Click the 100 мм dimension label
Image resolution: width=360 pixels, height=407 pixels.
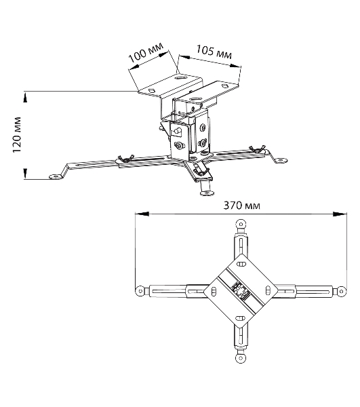(146, 53)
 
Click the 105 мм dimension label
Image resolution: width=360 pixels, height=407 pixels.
(214, 52)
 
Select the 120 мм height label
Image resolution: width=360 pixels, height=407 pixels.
(17, 135)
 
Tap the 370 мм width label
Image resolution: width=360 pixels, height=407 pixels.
(242, 206)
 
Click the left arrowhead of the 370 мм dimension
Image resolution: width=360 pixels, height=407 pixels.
(142, 214)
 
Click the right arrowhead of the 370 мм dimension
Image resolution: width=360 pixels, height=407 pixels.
(340, 214)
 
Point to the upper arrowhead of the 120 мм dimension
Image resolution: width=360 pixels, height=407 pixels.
(25, 98)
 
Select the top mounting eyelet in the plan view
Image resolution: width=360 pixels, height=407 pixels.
(241, 224)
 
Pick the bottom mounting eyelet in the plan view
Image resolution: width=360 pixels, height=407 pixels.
(241, 358)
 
